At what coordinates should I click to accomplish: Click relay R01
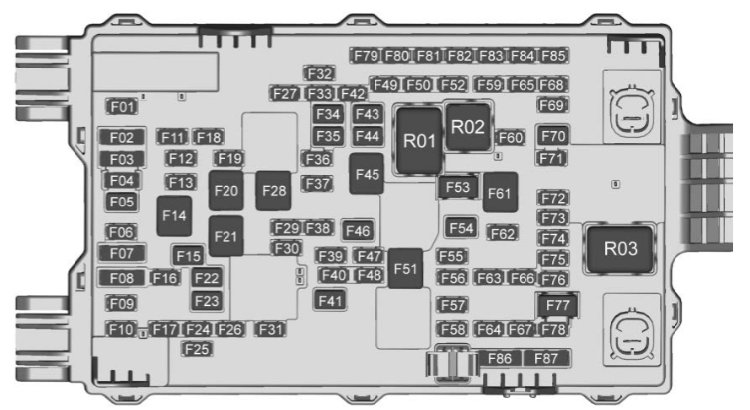coord(419,141)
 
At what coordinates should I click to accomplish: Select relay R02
coord(468,127)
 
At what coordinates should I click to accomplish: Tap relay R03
coord(620,249)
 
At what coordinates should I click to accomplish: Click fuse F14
coord(174,215)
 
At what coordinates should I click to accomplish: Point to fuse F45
coord(367,174)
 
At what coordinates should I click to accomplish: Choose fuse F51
coord(405,268)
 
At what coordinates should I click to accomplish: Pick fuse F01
coord(122,106)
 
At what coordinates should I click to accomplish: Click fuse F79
coord(366,56)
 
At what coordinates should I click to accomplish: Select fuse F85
coord(553,56)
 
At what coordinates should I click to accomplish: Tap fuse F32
coord(319,73)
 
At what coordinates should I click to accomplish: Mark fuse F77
coord(557,306)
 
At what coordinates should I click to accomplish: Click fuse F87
coord(546,358)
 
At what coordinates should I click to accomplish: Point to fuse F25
coord(197,349)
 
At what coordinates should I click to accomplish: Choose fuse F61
coord(500,193)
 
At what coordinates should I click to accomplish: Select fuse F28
coord(273,191)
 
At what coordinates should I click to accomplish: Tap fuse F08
coord(122,278)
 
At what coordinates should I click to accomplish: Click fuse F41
coord(330,300)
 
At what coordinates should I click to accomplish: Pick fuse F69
coord(553,105)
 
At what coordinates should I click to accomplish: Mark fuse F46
coord(358,231)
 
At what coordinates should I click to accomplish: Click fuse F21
coord(225,236)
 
